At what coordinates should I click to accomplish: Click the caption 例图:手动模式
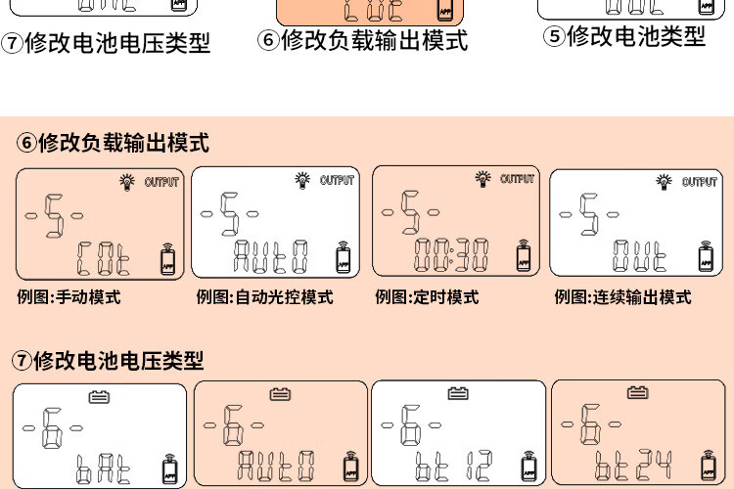coord(69,296)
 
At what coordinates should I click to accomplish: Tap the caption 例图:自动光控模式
coord(264,296)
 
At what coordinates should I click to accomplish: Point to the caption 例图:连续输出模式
coord(622,296)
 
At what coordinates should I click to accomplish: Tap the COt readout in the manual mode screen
coord(103,258)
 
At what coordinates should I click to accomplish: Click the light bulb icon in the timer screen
coord(482,178)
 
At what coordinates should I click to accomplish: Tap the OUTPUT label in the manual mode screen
coord(161,182)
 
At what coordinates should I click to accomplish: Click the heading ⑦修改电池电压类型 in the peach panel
coord(108,360)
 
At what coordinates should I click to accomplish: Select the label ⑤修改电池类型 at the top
coord(624,36)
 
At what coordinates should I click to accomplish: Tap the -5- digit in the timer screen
coord(411,210)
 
